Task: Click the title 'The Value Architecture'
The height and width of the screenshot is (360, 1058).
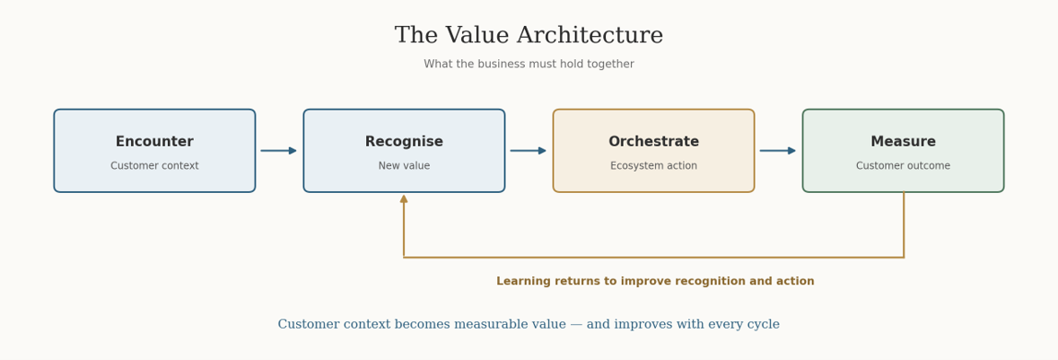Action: (529, 35)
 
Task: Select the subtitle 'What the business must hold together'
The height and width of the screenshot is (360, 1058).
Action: (529, 64)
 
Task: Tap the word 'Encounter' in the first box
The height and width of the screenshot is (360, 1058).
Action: (154, 142)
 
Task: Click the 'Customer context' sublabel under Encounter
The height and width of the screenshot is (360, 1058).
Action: (154, 166)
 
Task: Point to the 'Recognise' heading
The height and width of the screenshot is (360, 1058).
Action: (404, 142)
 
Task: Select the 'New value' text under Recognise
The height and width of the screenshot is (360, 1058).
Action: (404, 166)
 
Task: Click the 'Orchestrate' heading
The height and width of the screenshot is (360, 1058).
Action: (654, 142)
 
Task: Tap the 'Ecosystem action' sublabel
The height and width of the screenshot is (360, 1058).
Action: (654, 166)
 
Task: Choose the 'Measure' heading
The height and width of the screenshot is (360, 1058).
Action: (904, 142)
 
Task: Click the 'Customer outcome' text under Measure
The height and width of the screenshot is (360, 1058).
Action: (904, 166)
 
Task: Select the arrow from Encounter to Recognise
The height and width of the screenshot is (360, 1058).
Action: (279, 151)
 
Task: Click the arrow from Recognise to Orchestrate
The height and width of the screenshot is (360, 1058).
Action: (529, 151)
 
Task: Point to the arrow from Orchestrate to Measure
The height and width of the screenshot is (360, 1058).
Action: (778, 151)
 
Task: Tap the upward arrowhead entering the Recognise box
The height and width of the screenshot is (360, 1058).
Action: (404, 198)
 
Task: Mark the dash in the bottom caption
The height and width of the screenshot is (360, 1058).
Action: (576, 325)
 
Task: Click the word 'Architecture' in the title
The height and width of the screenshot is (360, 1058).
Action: (588, 35)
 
